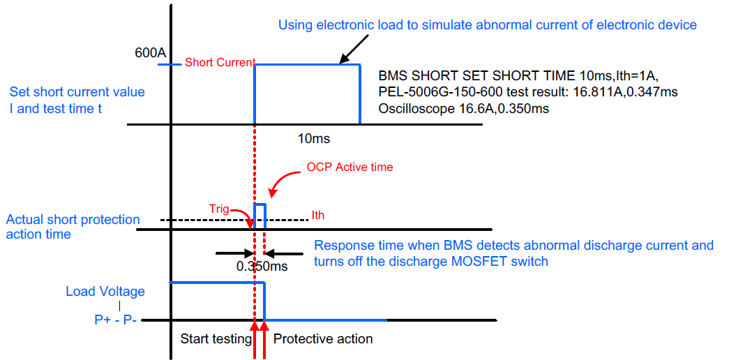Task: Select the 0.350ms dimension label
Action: [x=262, y=267]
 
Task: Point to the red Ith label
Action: [x=317, y=216]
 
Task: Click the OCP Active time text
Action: [x=350, y=167]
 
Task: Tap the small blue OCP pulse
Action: [x=260, y=216]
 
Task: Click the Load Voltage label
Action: [x=105, y=292]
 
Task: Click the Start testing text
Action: [x=216, y=339]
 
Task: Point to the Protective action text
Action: [x=323, y=338]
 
